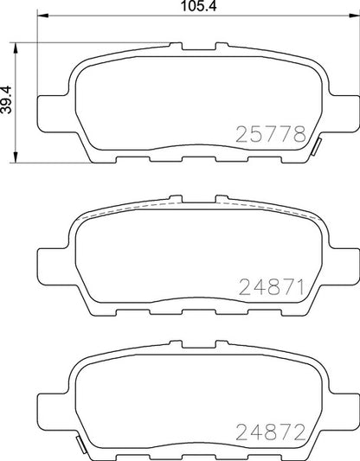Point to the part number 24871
271,285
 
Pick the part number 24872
271,430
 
